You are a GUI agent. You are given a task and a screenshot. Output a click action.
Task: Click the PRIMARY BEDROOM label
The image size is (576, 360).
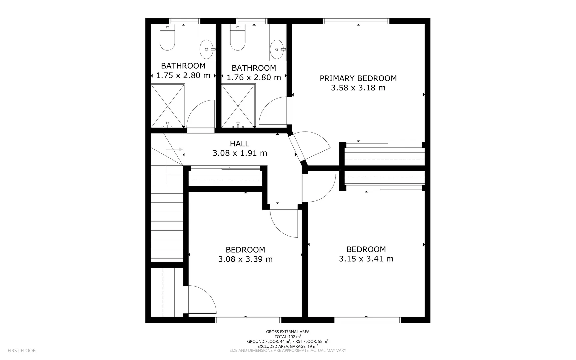358,78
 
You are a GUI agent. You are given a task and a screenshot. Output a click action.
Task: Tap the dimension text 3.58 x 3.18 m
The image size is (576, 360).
358,88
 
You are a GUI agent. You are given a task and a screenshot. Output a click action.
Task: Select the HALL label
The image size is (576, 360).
239,144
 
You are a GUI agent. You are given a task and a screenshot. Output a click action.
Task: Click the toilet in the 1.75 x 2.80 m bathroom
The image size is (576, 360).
167,38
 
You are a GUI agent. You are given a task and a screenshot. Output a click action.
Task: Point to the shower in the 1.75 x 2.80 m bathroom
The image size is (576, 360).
168,105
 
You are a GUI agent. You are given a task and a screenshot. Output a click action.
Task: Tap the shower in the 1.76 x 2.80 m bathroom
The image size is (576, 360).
238,105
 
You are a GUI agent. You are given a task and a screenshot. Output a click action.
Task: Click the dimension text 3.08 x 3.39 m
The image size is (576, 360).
245,259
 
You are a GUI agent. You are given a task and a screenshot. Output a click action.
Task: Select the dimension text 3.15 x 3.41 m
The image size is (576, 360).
366,259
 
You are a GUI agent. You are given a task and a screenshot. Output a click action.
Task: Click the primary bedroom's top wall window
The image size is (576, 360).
356,21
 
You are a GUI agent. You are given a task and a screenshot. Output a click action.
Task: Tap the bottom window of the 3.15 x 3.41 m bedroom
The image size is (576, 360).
368,320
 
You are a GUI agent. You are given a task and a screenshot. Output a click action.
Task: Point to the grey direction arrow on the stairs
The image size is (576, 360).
181,149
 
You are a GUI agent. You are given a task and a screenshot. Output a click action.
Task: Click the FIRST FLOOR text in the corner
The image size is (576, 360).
22,350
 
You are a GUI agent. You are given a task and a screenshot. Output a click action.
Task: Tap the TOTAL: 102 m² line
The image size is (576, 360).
288,337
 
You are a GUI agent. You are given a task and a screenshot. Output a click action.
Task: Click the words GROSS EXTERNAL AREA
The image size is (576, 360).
288,332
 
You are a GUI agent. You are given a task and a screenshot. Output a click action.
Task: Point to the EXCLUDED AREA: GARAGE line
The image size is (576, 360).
288,346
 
